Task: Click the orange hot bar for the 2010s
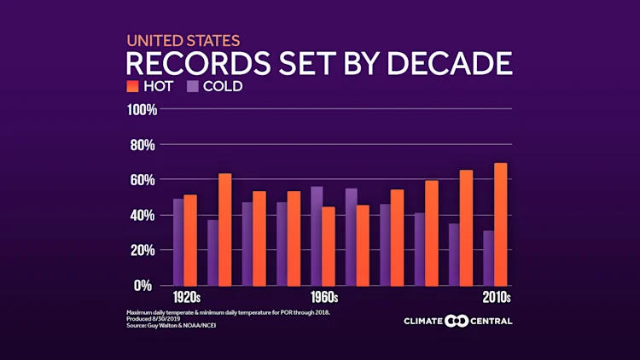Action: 501,224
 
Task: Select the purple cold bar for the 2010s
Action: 488,258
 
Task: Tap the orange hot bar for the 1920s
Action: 190,240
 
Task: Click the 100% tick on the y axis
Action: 141,110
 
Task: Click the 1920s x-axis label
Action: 186,298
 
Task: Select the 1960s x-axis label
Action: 324,298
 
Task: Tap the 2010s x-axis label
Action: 496,298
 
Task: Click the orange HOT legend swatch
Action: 132,86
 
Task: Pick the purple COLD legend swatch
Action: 193,86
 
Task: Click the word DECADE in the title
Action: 450,63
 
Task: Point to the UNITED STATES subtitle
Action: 183,40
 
